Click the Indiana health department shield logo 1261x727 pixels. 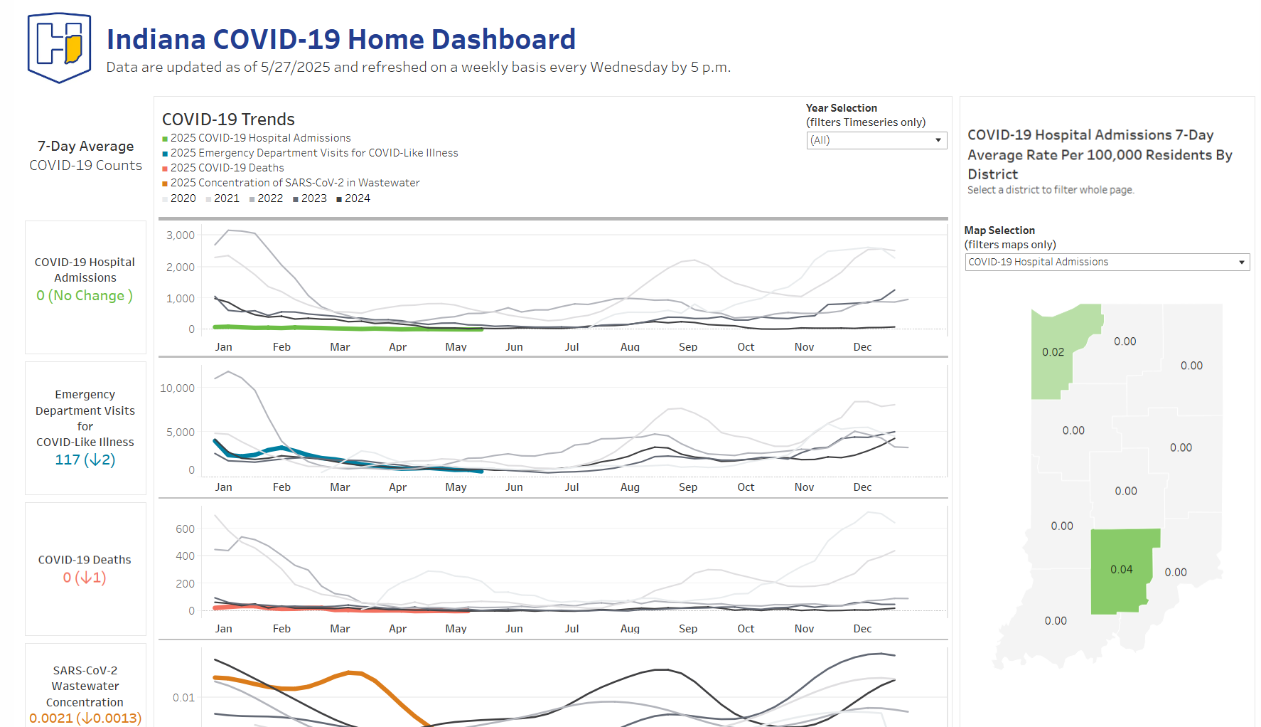pos(59,48)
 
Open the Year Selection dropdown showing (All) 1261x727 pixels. pos(876,140)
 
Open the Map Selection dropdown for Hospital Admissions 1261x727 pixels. pos(1106,262)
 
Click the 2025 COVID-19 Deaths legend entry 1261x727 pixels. pos(227,168)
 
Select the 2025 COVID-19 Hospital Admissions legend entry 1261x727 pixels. pos(260,138)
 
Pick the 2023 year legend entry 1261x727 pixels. pos(313,198)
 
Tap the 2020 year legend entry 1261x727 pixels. pos(183,198)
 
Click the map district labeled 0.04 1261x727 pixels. pos(1121,569)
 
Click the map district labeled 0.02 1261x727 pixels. pos(1053,352)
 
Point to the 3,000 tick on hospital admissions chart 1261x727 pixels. pos(181,235)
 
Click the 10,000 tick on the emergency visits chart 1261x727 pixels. pos(177,388)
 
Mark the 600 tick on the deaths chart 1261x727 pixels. pos(185,529)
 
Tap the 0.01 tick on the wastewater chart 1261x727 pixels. pos(183,697)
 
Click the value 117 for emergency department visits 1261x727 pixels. pos(68,460)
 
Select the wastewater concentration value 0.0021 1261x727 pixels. pos(50,718)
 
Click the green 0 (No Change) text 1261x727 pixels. pos(85,295)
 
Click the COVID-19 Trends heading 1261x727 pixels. pos(228,120)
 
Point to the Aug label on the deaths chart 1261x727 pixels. pos(630,628)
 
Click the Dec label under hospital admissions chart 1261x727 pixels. pos(862,346)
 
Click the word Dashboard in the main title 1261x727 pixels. pos(503,39)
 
